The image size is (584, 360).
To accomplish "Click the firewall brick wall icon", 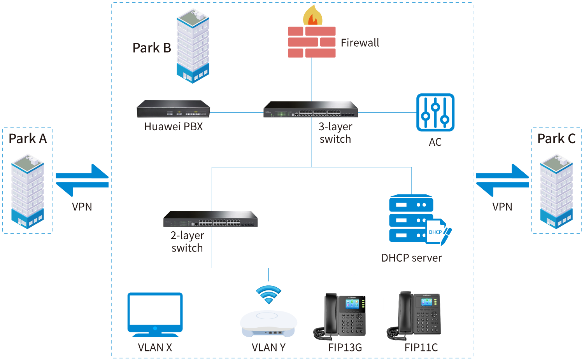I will coord(312,42).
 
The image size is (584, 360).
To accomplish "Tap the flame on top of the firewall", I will coord(313,16).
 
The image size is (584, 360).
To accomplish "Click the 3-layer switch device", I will coord(310,109).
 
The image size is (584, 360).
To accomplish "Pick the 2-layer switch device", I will coord(210,219).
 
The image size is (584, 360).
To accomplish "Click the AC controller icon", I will coord(435,112).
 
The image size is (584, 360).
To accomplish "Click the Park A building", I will coord(27,190).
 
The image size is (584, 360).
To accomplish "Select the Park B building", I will coord(193,46).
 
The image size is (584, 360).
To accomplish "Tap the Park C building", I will coord(556,190).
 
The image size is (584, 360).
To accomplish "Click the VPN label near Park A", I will coord(82,207).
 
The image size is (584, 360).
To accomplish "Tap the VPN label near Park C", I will coord(502,207).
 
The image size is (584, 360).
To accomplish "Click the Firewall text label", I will coord(360,43).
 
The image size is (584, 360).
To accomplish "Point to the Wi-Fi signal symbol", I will coord(268,294).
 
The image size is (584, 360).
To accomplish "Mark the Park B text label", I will coord(152,48).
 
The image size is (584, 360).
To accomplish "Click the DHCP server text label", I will coord(411,258).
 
